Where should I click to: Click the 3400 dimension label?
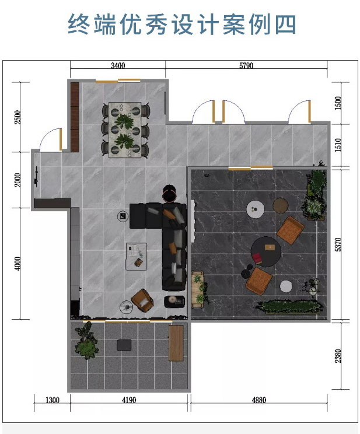point(118,65)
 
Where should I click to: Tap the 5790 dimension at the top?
point(246,65)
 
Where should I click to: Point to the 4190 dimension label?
point(129,400)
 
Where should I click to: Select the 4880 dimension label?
point(259,400)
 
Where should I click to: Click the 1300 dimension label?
point(53,400)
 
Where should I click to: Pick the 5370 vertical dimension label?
point(338,244)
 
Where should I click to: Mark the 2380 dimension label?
point(338,356)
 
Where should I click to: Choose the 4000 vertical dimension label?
point(17,264)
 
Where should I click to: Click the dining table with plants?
point(125,130)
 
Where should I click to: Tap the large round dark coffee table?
point(266,251)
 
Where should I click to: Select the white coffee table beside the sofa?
point(137,256)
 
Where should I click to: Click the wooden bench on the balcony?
point(176,343)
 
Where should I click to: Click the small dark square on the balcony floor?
point(124,345)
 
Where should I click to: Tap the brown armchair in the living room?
point(142,300)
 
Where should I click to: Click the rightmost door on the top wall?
point(300,111)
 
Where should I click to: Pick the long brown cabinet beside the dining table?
point(75,117)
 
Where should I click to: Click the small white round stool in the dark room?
point(286,286)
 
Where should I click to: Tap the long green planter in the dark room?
point(291,307)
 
